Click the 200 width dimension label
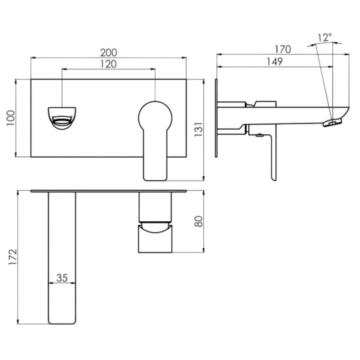click(109, 53)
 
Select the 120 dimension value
click(108, 64)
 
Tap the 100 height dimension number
click(10, 118)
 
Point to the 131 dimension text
click(199, 130)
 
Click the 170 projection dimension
click(283, 49)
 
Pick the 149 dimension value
click(275, 62)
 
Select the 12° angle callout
click(325, 37)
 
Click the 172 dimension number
click(13, 257)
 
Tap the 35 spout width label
click(62, 278)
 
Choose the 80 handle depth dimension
click(199, 221)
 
